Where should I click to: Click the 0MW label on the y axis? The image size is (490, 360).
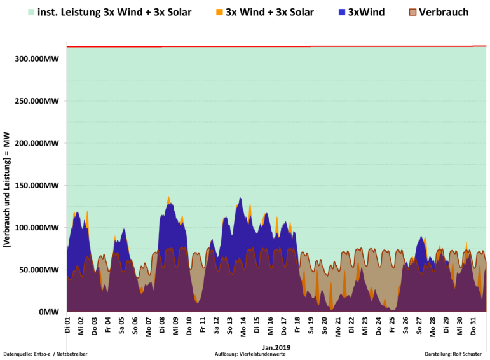(50, 312)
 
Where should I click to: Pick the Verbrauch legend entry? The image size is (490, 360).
(444, 12)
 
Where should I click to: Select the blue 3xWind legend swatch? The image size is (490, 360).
(342, 12)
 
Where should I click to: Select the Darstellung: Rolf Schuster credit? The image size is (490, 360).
(453, 354)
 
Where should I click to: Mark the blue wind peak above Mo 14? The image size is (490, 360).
(240, 200)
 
